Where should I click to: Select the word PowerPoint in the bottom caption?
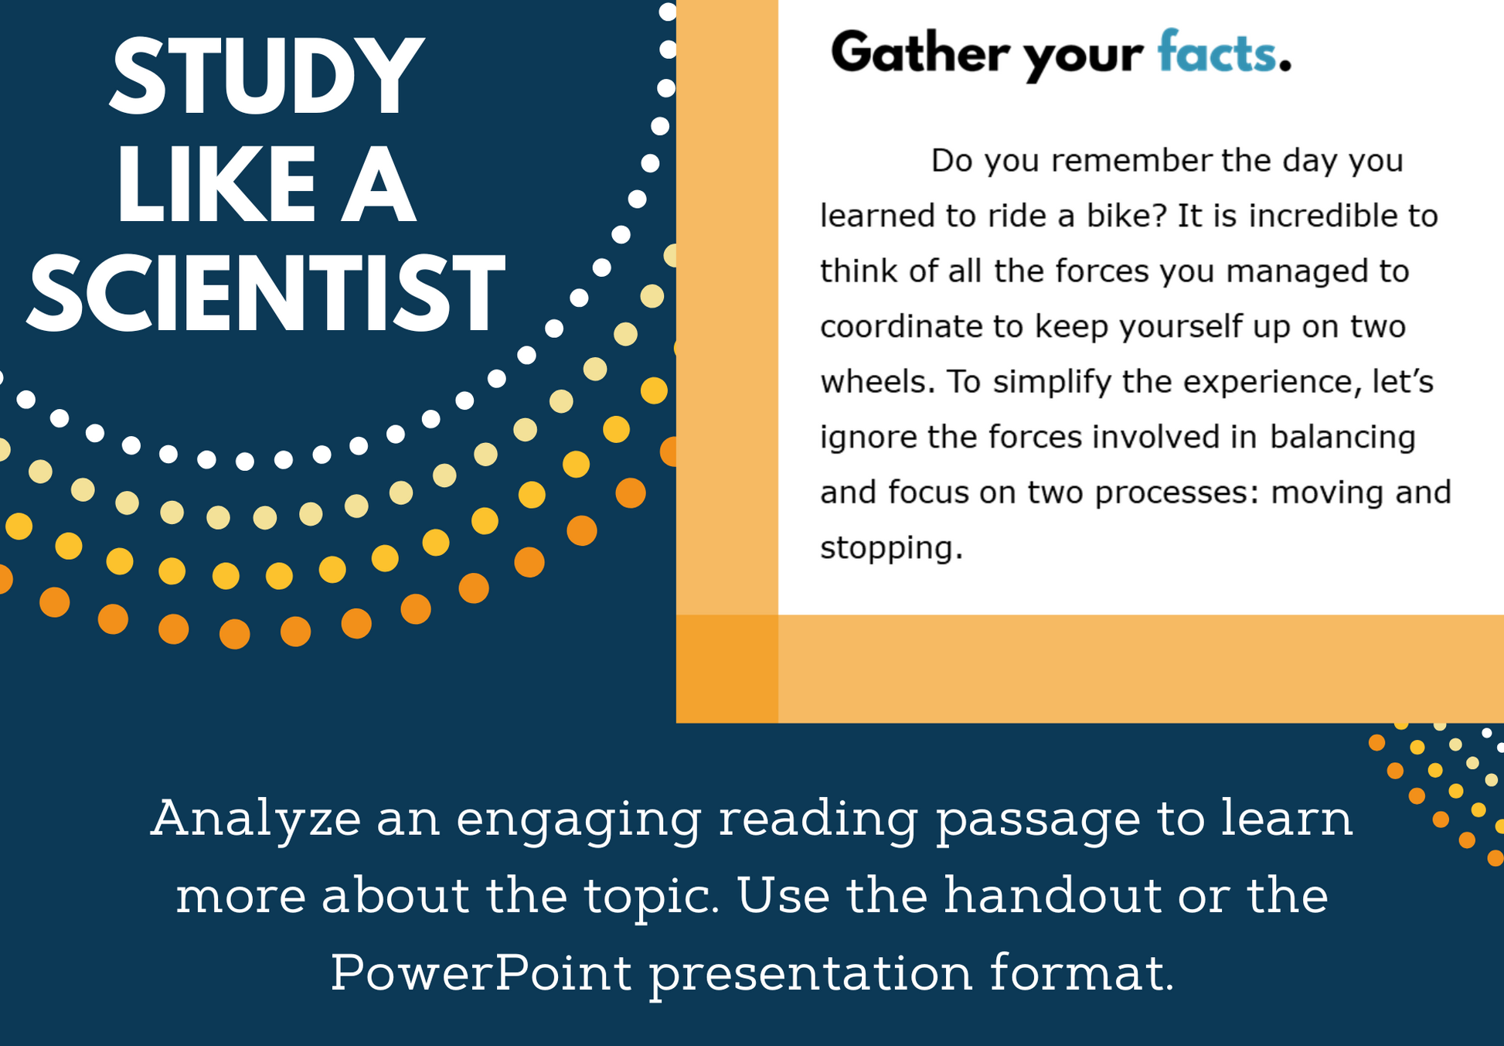(481, 972)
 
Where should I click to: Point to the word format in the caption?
(1082, 972)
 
